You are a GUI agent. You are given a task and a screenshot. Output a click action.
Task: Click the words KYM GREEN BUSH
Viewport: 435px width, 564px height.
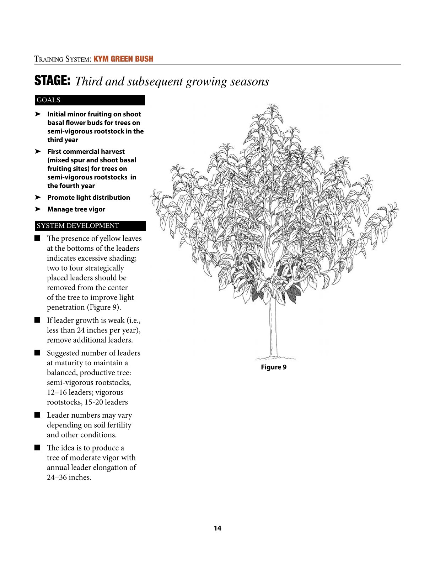123,59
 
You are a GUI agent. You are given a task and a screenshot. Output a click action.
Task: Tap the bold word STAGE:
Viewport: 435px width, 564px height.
52,81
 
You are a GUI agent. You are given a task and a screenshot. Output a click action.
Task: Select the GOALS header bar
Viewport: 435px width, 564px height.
90,100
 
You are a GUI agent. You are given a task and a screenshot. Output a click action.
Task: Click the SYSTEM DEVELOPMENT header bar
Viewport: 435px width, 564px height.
90,226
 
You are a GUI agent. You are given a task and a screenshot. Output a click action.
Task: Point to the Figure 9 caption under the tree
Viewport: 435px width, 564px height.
273,367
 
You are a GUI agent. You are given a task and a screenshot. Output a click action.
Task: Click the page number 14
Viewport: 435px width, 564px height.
217,528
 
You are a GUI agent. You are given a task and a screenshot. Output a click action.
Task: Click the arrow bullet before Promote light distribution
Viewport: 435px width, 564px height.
38,197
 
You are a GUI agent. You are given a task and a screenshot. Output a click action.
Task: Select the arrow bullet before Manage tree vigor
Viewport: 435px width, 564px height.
38,209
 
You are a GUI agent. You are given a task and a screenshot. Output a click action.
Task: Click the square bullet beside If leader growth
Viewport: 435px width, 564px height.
37,320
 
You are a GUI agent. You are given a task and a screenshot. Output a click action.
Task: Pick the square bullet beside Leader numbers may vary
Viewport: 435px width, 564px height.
37,415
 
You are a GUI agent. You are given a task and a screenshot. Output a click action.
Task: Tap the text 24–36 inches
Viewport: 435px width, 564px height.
69,477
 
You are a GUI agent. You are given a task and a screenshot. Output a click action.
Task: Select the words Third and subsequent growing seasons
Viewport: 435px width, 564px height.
172,82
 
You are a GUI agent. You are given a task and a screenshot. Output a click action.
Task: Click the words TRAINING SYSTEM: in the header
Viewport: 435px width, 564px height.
63,59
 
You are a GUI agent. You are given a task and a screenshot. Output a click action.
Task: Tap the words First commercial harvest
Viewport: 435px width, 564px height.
86,152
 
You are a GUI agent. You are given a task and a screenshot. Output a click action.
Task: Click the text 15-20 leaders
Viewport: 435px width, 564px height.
106,402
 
